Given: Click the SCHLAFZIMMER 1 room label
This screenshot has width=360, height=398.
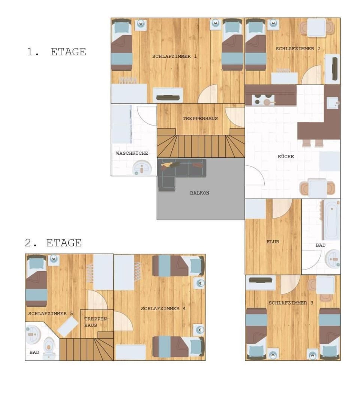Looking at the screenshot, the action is pyautogui.click(x=174, y=56).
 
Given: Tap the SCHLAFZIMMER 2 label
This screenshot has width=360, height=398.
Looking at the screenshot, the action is pyautogui.click(x=298, y=48).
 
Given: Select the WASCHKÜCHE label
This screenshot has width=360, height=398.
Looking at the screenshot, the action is pyautogui.click(x=132, y=153).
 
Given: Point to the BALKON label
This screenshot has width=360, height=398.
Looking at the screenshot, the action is pyautogui.click(x=200, y=193).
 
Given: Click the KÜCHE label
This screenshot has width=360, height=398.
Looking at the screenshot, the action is pyautogui.click(x=286, y=156).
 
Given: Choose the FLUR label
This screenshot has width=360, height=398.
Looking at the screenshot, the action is pyautogui.click(x=273, y=242).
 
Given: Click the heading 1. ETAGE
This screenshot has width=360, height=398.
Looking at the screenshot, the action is pyautogui.click(x=56, y=52).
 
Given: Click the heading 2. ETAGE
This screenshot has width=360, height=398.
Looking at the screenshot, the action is pyautogui.click(x=53, y=243).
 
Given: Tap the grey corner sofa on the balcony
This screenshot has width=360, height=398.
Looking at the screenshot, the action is pyautogui.click(x=178, y=173).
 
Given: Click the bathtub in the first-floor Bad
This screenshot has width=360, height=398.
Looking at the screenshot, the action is pyautogui.click(x=331, y=220).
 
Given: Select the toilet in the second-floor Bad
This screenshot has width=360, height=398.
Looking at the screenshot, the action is pyautogui.click(x=49, y=348).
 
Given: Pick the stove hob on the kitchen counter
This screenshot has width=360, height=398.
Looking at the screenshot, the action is pyautogui.click(x=263, y=99).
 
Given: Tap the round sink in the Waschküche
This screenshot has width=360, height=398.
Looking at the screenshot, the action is pyautogui.click(x=142, y=168).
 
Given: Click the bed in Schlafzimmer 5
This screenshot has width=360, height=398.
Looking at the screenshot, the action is pyautogui.click(x=36, y=280).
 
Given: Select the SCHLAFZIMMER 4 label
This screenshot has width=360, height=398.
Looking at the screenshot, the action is pyautogui.click(x=163, y=308).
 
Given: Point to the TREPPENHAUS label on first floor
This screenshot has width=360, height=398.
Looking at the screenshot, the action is pyautogui.click(x=200, y=118).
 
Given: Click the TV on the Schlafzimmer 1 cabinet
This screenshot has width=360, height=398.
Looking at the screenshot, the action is pyautogui.click(x=168, y=97).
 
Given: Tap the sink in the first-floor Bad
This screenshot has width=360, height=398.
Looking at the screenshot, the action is pyautogui.click(x=333, y=259).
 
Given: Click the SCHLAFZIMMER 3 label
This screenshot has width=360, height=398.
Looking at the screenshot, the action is pyautogui.click(x=291, y=303).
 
